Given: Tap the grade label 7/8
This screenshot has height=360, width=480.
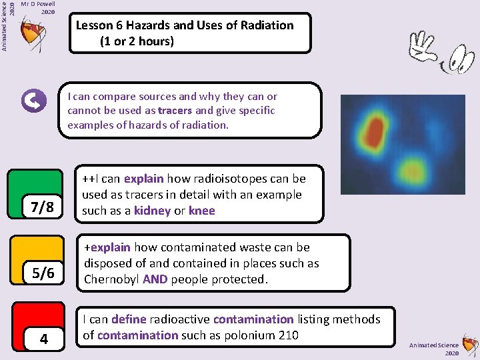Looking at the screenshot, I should click(x=42, y=207).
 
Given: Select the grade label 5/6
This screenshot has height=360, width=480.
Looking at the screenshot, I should click(x=43, y=273).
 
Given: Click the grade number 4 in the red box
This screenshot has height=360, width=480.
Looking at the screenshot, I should click(x=43, y=339).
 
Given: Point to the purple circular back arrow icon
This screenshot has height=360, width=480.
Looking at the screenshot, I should click(x=34, y=101).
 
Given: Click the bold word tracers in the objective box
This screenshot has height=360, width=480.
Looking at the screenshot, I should click(x=175, y=111).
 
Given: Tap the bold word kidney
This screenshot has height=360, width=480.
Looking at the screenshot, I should click(x=152, y=211).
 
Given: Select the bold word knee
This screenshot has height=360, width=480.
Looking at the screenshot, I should click(x=202, y=211).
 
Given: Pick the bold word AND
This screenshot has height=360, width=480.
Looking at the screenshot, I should click(x=155, y=279).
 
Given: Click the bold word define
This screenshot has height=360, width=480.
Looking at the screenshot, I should click(x=128, y=319).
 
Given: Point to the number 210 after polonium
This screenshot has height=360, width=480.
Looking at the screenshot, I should click(x=287, y=335).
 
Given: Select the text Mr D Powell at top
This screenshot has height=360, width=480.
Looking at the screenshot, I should click(x=38, y=4).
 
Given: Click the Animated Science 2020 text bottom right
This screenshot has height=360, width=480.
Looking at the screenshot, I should click(x=435, y=349).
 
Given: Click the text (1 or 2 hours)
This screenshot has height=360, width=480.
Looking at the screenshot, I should click(x=137, y=41).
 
